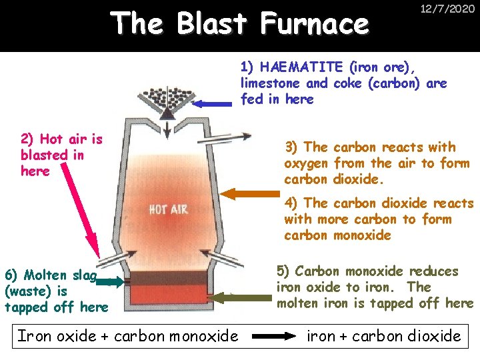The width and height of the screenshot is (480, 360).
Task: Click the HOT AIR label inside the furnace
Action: (x=168, y=209)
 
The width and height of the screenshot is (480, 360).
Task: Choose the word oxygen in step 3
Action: (x=305, y=164)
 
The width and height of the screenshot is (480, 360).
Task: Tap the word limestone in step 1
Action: (x=271, y=83)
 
